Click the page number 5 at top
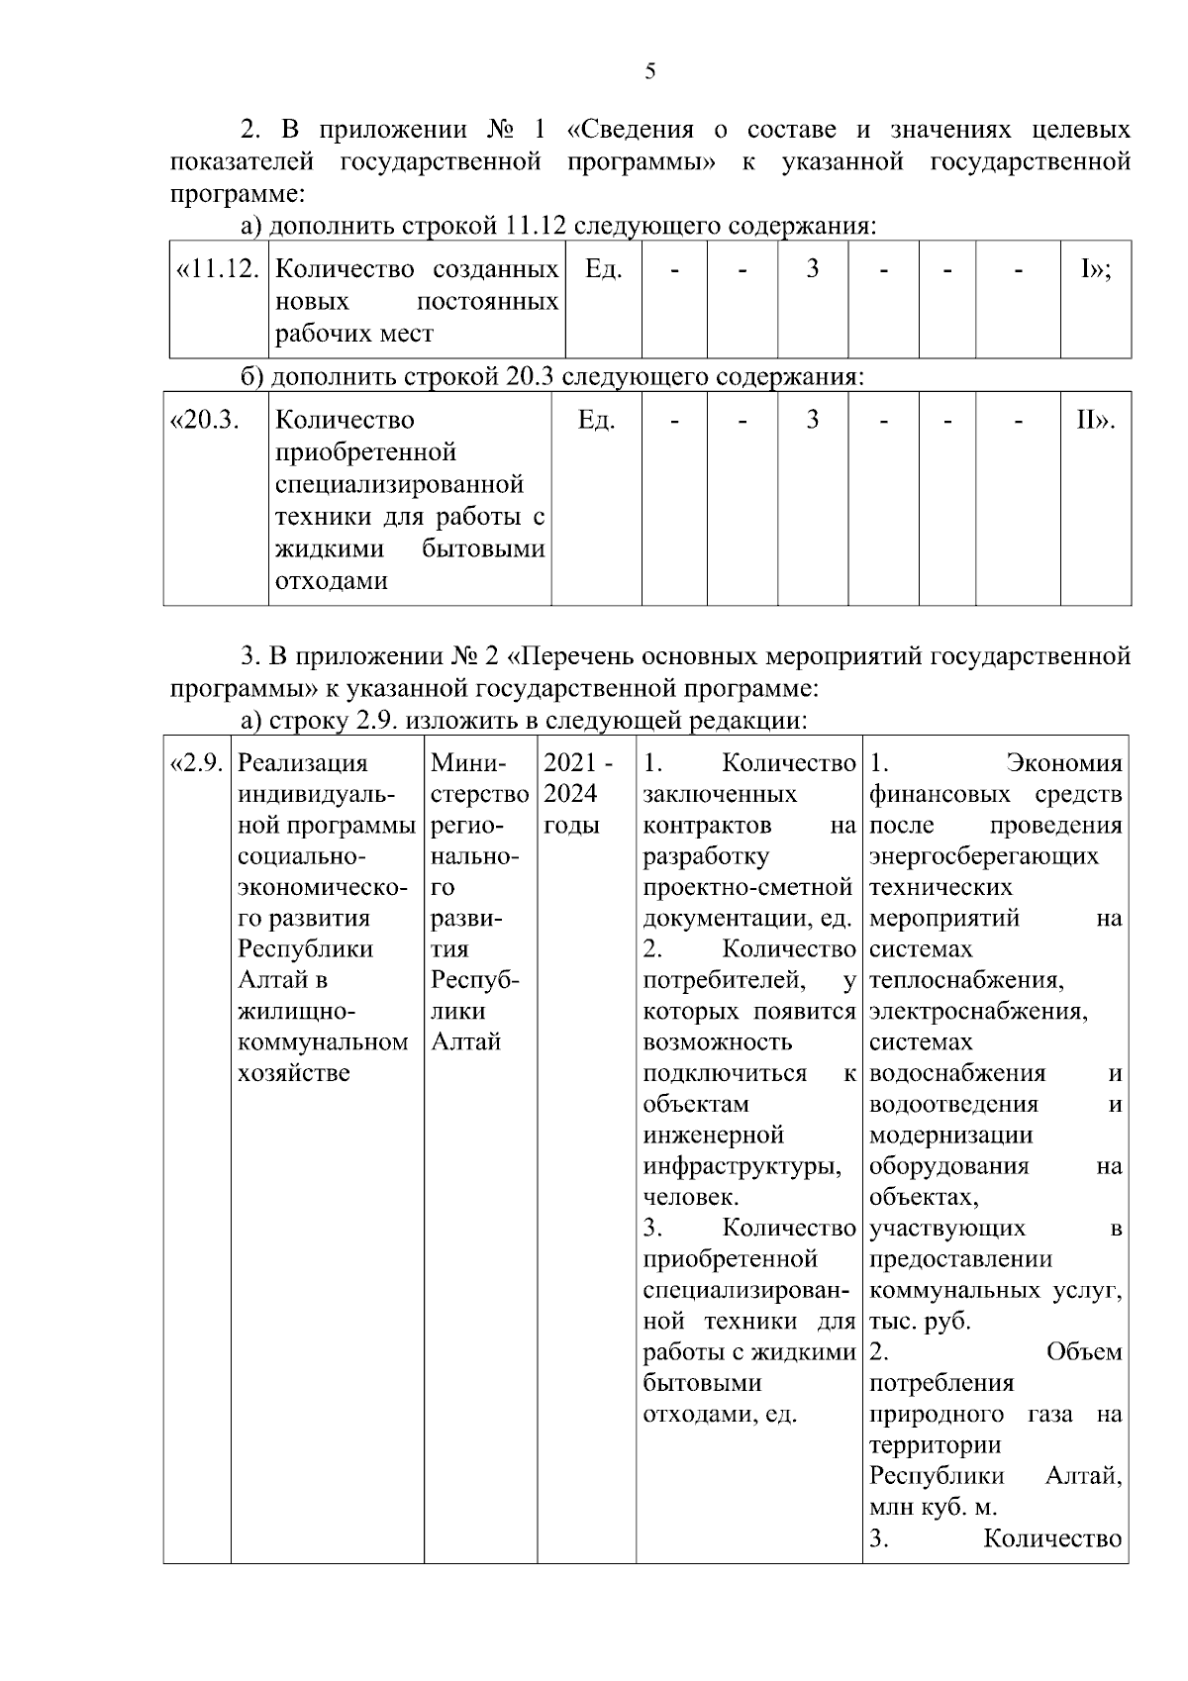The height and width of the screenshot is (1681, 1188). point(649,71)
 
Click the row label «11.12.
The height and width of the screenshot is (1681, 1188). point(218,269)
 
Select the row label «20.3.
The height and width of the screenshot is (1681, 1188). point(206,421)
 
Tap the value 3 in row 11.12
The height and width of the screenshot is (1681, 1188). point(812,269)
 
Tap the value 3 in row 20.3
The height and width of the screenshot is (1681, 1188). point(812,421)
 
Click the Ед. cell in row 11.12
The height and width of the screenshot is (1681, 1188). point(603,269)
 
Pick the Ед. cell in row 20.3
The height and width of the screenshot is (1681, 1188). point(596,421)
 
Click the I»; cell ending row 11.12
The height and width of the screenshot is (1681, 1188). point(1095,269)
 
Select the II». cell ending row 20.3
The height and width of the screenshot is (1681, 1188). point(1095,421)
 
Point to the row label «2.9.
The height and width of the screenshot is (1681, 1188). point(197,763)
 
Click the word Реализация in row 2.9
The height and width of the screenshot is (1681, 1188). point(302,763)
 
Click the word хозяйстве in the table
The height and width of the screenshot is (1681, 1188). point(294,1073)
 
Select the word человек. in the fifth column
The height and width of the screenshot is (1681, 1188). point(690,1197)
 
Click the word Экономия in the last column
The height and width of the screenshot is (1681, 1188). point(1064,763)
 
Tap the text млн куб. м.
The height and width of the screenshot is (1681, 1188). point(933,1508)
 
